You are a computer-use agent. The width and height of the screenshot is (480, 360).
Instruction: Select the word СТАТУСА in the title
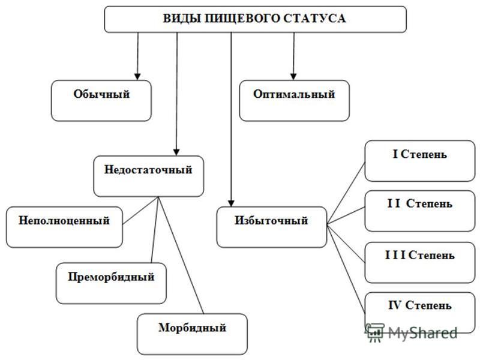tap(314, 19)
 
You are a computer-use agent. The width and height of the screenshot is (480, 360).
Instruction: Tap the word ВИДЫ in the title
tap(181, 19)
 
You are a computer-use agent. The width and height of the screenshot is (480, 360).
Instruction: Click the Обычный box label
tap(101, 94)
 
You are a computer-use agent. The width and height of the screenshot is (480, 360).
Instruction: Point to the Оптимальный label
tap(294, 94)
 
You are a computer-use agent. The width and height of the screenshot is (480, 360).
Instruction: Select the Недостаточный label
tap(148, 170)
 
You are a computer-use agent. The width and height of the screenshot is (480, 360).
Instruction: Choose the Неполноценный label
tap(64, 220)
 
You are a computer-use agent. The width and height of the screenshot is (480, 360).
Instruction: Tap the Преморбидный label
tap(111, 277)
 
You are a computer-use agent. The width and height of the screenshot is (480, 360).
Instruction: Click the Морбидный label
tap(192, 328)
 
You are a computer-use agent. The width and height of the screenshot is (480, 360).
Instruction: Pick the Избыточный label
tap(271, 220)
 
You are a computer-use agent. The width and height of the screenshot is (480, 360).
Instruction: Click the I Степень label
tap(419, 154)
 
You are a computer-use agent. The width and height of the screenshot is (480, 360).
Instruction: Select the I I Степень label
tap(419, 203)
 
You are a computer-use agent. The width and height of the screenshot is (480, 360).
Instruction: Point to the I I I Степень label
tap(419, 255)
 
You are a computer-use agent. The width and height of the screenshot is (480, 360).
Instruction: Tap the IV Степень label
tap(419, 305)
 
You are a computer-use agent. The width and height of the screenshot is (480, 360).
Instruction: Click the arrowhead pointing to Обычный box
tap(137, 77)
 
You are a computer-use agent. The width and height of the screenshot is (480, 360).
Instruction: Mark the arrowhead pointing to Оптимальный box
tap(293, 77)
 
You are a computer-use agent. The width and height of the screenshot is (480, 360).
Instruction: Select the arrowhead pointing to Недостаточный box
tap(176, 152)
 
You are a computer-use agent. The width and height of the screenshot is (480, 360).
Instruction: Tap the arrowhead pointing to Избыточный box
tap(231, 203)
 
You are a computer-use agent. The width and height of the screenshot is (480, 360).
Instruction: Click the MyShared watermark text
tap(423, 333)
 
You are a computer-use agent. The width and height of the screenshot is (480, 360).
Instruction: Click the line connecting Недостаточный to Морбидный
tap(181, 255)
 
